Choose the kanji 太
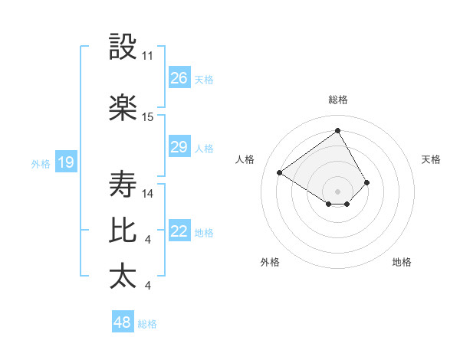click(x=123, y=276)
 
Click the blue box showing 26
click(x=179, y=78)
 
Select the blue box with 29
click(x=179, y=147)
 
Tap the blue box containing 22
click(x=179, y=232)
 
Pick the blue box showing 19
click(x=65, y=162)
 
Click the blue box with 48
click(x=123, y=322)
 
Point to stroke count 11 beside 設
click(x=148, y=56)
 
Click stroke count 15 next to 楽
click(x=148, y=116)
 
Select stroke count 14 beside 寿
click(x=148, y=194)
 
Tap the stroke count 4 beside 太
click(x=147, y=286)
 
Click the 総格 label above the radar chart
click(x=338, y=100)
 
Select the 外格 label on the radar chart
click(x=270, y=262)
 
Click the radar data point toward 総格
click(x=337, y=130)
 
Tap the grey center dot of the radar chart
click(x=337, y=190)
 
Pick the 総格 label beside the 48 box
click(x=147, y=324)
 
